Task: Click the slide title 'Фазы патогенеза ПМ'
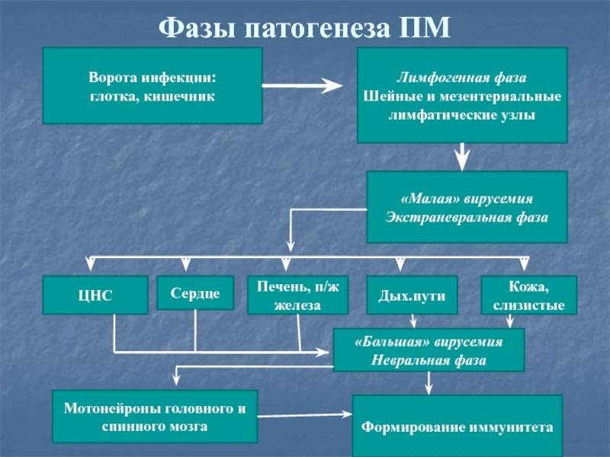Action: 304,27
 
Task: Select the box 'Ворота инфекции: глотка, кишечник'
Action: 152,86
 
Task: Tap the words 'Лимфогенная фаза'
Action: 462,78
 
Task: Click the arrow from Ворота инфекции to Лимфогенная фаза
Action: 302,85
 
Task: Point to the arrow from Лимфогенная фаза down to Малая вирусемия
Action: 462,157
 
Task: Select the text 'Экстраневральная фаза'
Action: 467,217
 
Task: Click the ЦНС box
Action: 95,295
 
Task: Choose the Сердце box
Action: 195,293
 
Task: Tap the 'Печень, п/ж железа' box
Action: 297,295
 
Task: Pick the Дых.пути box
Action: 412,295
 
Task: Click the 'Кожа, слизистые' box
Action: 528,295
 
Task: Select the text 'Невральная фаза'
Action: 429,360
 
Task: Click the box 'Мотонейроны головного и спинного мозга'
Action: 155,417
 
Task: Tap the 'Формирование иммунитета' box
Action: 457,427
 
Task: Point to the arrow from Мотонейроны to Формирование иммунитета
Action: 305,415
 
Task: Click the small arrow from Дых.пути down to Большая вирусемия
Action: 413,321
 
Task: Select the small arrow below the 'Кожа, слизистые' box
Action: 509,321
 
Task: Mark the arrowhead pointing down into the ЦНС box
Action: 90,264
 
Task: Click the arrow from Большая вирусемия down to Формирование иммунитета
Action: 429,383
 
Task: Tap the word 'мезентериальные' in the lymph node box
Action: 499,97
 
